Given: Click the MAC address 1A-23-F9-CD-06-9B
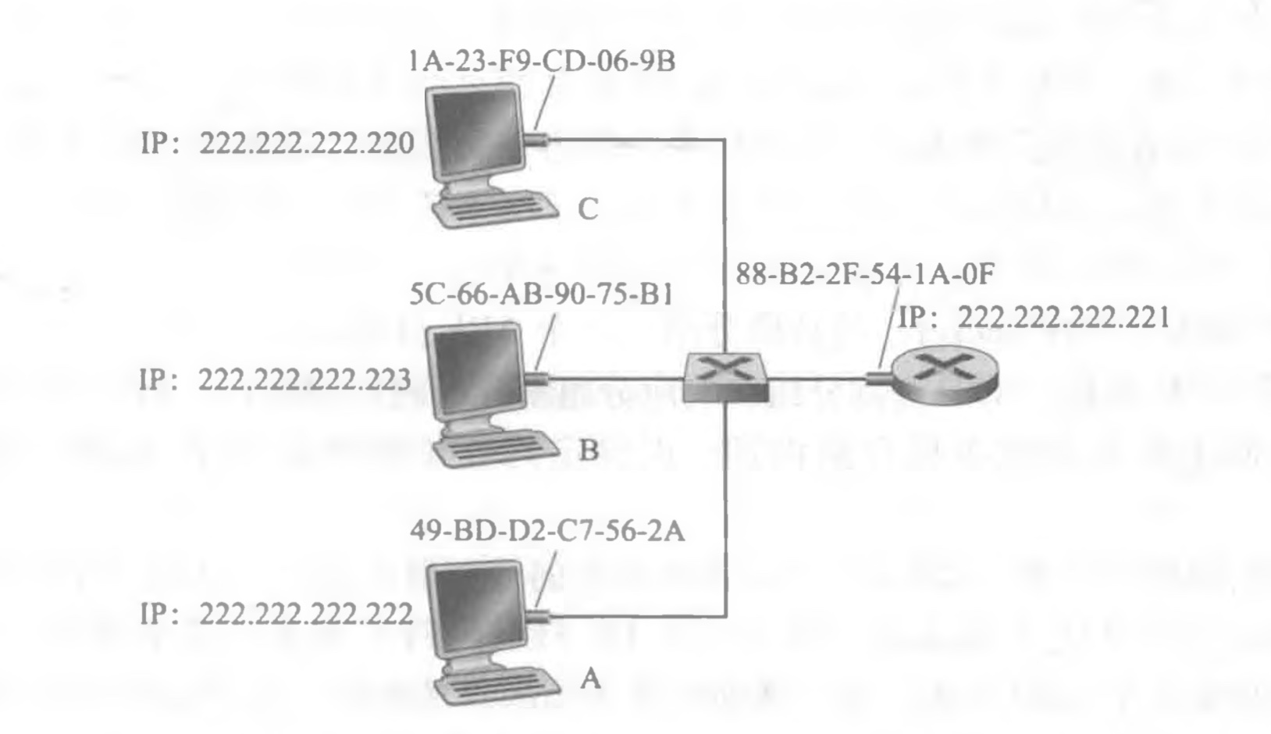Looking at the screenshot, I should pyautogui.click(x=542, y=62).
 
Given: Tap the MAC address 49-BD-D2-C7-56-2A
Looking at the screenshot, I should pyautogui.click(x=546, y=532).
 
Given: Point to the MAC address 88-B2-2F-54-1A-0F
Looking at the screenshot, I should pyautogui.click(x=865, y=276).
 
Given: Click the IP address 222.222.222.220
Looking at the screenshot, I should pyautogui.click(x=307, y=144).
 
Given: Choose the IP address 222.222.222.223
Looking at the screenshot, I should pyautogui.click(x=305, y=380).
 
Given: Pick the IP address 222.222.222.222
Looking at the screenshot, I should pyautogui.click(x=306, y=615).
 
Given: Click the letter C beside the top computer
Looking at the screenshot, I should pyautogui.click(x=588, y=209).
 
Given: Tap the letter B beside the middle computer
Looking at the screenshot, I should pyautogui.click(x=588, y=451).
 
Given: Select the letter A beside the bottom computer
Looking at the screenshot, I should pyautogui.click(x=590, y=679).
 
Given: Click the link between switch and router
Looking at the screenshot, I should pyautogui.click(x=820, y=379).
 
